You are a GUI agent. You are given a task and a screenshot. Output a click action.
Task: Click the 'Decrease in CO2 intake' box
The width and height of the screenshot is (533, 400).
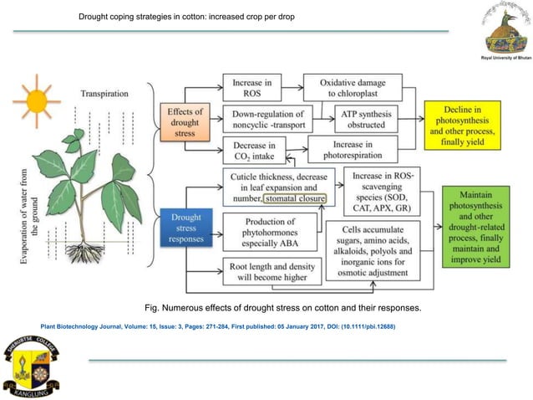click(251, 151)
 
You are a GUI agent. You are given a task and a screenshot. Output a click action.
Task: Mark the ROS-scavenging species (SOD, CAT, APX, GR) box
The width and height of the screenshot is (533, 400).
click(382, 190)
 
